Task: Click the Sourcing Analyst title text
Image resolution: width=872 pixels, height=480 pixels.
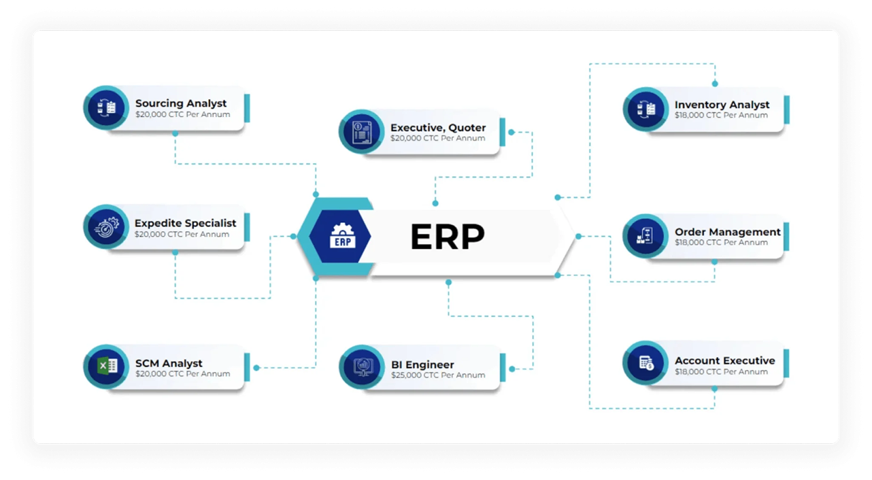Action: tap(181, 103)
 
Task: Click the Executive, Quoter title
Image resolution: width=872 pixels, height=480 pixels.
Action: tap(438, 127)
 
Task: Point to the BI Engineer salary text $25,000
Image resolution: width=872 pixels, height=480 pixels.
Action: tap(438, 375)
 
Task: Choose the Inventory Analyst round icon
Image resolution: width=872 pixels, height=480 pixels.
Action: tap(645, 109)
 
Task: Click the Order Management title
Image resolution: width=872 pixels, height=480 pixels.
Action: tap(727, 232)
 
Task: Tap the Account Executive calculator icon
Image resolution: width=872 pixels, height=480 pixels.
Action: tap(645, 363)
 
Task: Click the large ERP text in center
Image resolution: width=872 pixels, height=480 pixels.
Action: tap(447, 237)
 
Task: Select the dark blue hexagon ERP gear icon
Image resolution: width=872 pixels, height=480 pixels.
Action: tap(340, 237)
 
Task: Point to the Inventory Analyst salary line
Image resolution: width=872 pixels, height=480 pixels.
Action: tap(721, 116)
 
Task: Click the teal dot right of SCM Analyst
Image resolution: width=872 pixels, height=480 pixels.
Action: tap(256, 368)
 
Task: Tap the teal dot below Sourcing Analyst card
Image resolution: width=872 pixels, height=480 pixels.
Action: tap(175, 133)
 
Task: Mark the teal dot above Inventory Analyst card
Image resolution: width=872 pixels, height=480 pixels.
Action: tap(714, 84)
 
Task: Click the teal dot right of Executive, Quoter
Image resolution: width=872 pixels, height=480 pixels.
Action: tap(511, 132)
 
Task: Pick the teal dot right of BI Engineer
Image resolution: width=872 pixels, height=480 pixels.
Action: tap(512, 368)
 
